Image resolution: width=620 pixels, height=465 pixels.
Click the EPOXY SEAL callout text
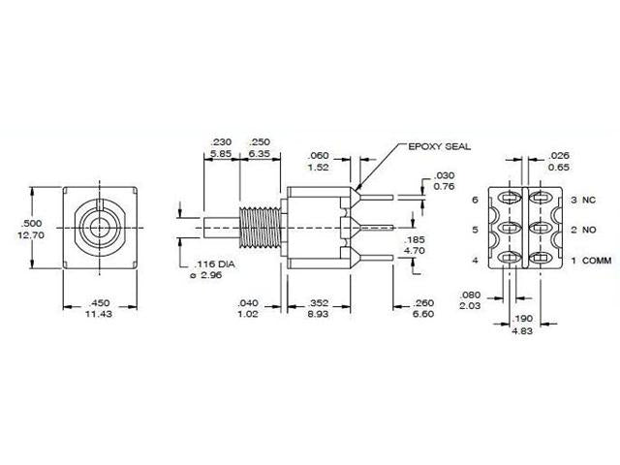coord(442,146)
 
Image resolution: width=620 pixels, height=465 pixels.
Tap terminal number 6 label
coord(476,200)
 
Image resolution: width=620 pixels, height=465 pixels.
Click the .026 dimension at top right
coord(559,154)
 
